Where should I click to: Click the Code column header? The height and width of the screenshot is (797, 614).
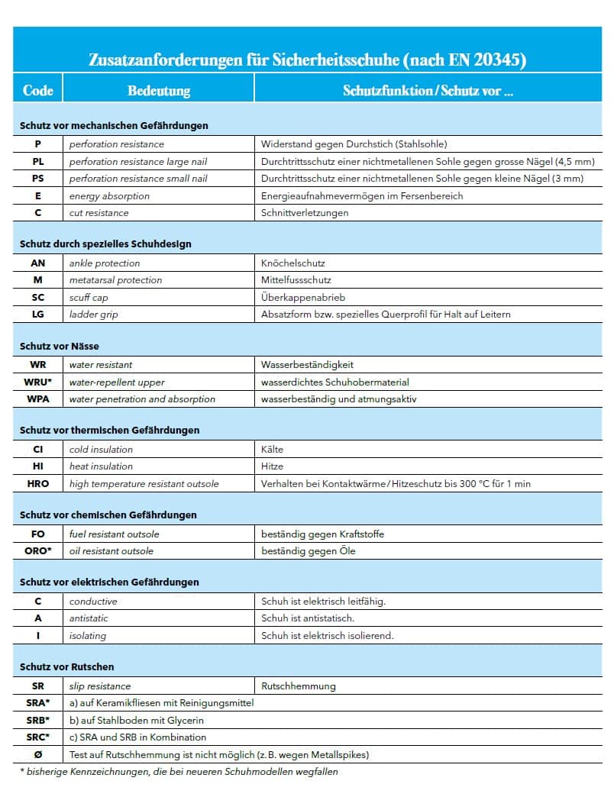(37, 91)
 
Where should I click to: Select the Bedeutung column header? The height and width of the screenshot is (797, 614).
(158, 91)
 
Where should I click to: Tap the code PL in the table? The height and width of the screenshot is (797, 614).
(38, 161)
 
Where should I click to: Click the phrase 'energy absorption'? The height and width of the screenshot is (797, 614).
(109, 195)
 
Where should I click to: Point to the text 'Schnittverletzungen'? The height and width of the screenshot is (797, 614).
(305, 212)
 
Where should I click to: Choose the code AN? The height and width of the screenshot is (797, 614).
(38, 263)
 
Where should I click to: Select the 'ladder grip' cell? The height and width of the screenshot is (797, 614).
(93, 314)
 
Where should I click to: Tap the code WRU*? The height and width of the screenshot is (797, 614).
(39, 382)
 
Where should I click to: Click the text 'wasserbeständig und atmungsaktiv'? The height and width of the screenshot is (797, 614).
(338, 398)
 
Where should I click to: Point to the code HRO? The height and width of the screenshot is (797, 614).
(38, 483)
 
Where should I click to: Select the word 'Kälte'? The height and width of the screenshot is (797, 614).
(272, 449)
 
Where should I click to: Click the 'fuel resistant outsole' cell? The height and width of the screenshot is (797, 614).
(114, 534)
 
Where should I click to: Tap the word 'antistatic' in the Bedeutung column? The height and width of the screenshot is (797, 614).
(89, 618)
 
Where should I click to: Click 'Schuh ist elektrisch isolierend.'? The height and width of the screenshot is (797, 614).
(327, 635)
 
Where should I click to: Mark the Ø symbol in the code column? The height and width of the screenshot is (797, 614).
(38, 754)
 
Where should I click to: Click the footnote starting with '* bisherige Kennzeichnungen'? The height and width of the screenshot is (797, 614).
(179, 771)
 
